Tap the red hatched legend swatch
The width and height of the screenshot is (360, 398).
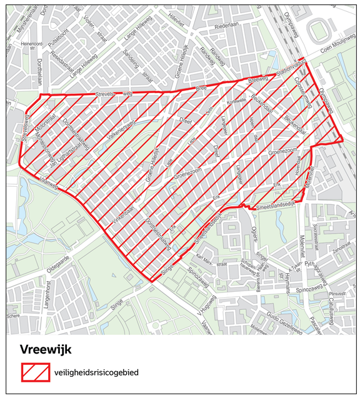[x=36, y=372]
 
